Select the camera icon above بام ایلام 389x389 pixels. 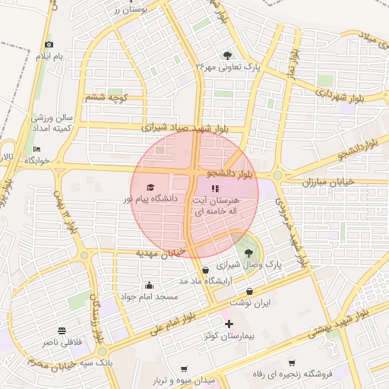pos(49,45)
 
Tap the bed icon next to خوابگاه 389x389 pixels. pos(36,150)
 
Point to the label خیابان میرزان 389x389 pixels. pos(329,182)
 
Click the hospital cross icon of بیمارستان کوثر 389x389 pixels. pos(229,324)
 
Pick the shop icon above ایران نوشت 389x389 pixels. pos(250,291)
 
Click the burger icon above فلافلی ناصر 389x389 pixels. pos(61,330)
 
